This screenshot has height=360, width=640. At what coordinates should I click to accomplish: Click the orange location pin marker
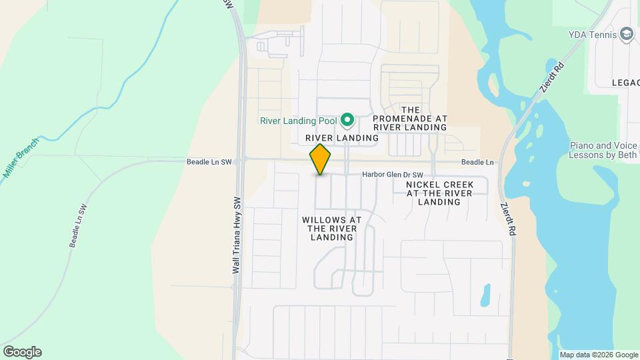(x=321, y=159)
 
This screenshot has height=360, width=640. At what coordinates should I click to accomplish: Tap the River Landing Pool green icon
(x=347, y=121)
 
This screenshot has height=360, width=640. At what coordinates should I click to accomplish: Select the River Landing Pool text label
(x=298, y=121)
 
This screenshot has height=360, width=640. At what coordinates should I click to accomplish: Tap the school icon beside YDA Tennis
(x=626, y=34)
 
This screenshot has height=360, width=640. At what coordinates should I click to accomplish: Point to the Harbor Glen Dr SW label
(x=393, y=175)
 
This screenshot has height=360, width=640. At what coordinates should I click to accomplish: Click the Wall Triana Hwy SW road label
(x=236, y=235)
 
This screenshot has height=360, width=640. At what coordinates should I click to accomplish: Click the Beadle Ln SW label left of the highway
(x=209, y=162)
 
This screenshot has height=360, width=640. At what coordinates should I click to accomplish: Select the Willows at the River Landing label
(x=331, y=228)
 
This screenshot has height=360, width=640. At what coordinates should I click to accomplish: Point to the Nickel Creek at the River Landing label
(x=439, y=193)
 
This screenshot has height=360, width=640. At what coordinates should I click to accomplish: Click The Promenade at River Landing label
(x=410, y=118)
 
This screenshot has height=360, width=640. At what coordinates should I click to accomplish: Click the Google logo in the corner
(x=21, y=352)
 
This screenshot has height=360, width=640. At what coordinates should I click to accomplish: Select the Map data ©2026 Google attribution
(x=598, y=355)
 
